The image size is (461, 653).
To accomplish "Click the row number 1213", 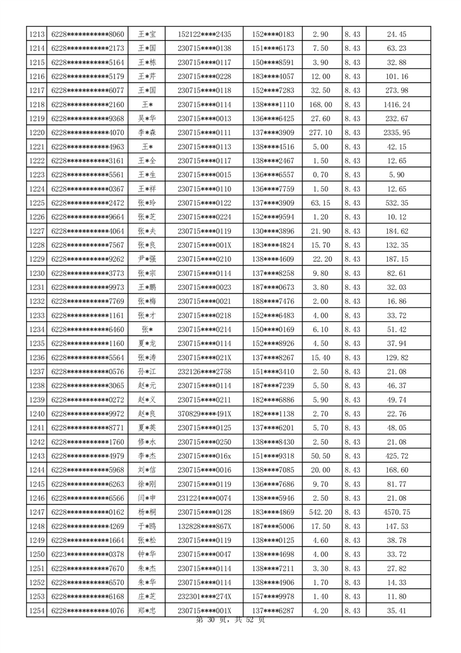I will coord(37,34).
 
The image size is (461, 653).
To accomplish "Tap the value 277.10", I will coord(321,132).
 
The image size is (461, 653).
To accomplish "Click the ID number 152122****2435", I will coord(204,34).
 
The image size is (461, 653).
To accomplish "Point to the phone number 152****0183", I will coord(273,34).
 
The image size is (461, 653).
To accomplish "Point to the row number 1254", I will coord(37,611).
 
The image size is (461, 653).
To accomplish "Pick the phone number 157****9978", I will coord(273,597).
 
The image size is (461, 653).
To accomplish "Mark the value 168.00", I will coord(321,104).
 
